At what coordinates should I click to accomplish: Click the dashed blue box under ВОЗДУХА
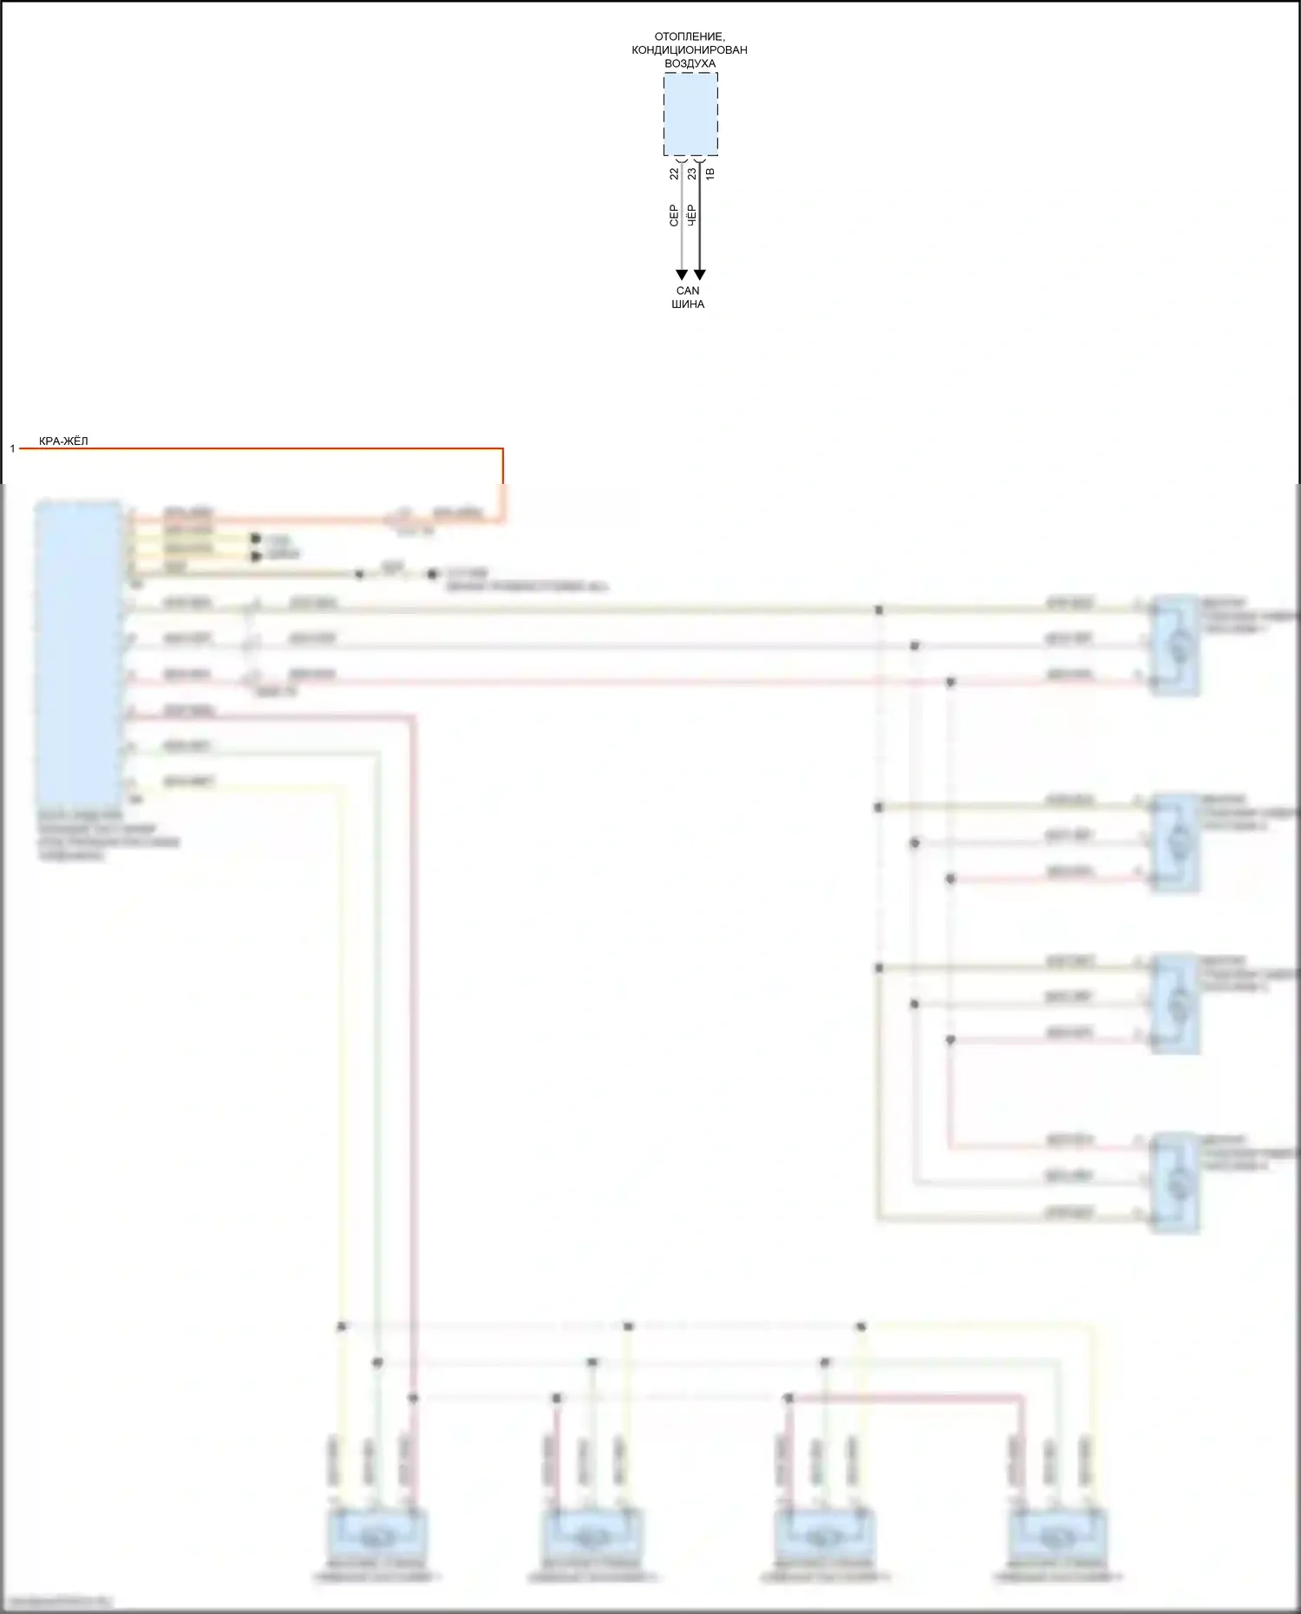tap(690, 114)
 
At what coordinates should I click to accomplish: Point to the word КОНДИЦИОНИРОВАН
tap(690, 50)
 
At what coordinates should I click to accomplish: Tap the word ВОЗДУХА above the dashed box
tap(690, 63)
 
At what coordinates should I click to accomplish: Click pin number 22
tap(674, 173)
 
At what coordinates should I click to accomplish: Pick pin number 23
tap(691, 173)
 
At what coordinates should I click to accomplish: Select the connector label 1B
tap(709, 173)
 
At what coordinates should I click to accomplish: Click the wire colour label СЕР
tap(674, 216)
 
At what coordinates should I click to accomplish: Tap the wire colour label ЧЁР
tap(691, 216)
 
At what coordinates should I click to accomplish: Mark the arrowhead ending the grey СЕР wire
tap(682, 275)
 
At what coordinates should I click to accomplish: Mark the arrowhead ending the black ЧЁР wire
tap(699, 275)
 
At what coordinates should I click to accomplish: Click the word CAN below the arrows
tap(688, 291)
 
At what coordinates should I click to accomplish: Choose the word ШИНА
tap(688, 304)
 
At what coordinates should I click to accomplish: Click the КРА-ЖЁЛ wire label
tap(63, 441)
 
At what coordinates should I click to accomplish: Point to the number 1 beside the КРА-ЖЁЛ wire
tap(13, 448)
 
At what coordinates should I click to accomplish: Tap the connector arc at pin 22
tap(682, 160)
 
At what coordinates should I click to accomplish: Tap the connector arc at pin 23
tap(699, 160)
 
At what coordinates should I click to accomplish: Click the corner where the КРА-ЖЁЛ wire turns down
tap(502, 449)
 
